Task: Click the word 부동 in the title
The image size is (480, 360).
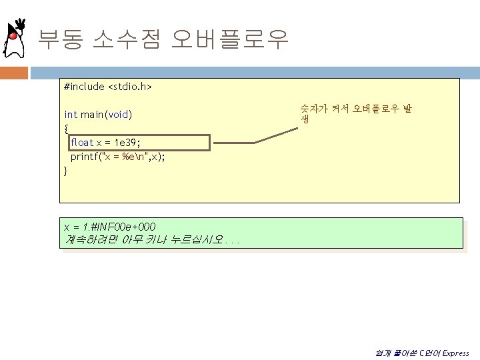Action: coord(60,40)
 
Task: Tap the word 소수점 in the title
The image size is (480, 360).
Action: coord(127,40)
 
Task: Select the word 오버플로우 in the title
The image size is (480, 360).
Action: coord(229,40)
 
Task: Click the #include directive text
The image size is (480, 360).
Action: coord(84,87)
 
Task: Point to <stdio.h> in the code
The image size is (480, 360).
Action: coord(130,87)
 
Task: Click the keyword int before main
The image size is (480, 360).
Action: coord(70,115)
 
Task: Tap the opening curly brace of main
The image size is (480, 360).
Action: coord(65,129)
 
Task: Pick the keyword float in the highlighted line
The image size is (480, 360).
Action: coord(82,143)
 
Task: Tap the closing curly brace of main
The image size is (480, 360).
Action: coord(65,171)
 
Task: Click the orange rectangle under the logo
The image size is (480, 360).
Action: coord(14,72)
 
